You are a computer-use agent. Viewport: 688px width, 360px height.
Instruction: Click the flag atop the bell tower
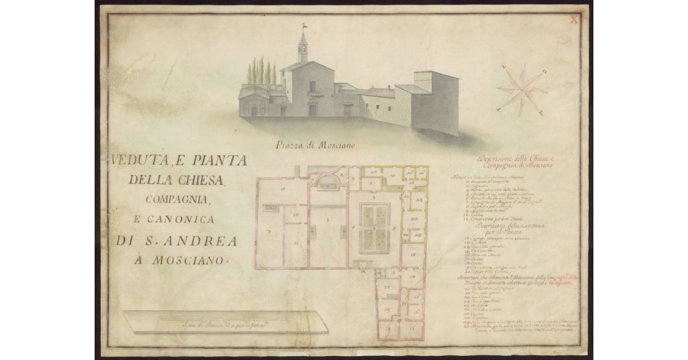[x=304, y=26]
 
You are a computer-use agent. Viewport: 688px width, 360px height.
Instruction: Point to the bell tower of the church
[x=302, y=48]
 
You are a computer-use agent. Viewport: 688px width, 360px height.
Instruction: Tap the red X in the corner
[x=573, y=19]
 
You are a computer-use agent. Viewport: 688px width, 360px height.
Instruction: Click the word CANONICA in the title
[x=187, y=220]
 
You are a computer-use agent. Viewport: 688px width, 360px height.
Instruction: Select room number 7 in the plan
[x=268, y=232]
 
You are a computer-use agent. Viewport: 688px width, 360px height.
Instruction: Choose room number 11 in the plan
[x=296, y=244]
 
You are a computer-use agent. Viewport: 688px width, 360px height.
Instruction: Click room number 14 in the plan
[x=411, y=276]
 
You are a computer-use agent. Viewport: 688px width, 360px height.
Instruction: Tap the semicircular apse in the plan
[x=329, y=182]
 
